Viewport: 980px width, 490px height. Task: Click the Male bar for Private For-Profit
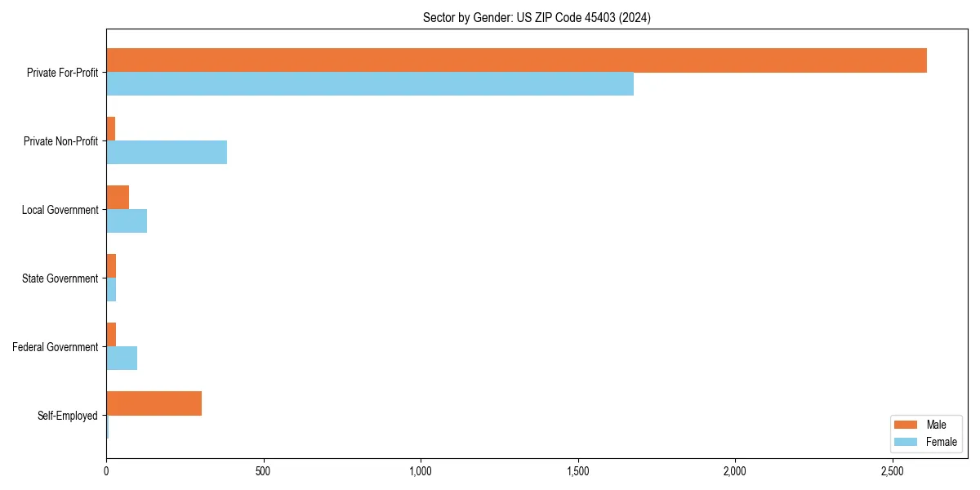[516, 60]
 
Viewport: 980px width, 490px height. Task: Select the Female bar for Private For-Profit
[370, 83]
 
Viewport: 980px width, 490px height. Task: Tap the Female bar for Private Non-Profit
[167, 152]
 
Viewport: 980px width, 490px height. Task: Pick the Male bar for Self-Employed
[154, 403]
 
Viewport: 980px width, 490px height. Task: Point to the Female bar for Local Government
[127, 220]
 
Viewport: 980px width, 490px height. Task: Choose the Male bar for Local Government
[118, 198]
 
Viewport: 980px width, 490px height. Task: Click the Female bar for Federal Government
[122, 358]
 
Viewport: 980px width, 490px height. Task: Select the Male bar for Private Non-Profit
[111, 129]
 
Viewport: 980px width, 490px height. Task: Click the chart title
[537, 17]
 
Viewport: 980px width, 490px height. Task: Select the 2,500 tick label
[893, 471]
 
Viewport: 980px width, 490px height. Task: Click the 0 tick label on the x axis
[106, 471]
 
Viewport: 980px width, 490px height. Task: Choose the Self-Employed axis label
[68, 416]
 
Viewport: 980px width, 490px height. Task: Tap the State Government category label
[60, 278]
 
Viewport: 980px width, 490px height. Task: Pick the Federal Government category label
[56, 347]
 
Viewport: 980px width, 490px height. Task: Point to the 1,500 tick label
[578, 471]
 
